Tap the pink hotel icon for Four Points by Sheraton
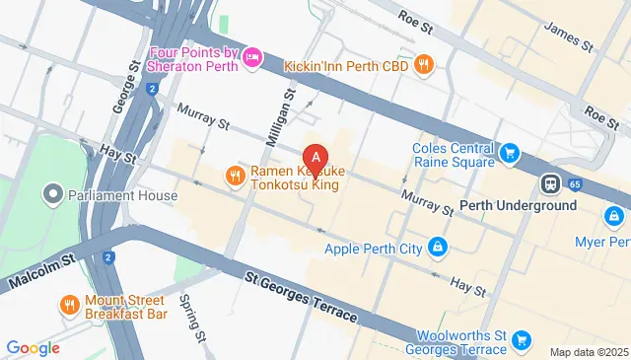[x=252, y=58]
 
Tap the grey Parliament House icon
[x=54, y=194]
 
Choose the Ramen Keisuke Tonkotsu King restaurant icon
[x=235, y=177]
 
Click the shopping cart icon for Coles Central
[x=509, y=153]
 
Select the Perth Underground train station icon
[x=549, y=184]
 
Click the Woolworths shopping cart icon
[x=522, y=341]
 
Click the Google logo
[x=33, y=347]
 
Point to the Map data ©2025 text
[x=588, y=352]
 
